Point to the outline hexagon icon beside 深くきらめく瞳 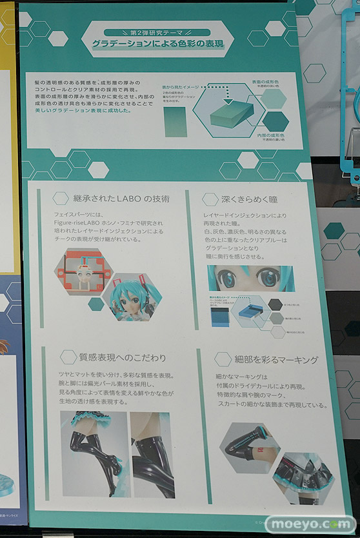click(x=210, y=199)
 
